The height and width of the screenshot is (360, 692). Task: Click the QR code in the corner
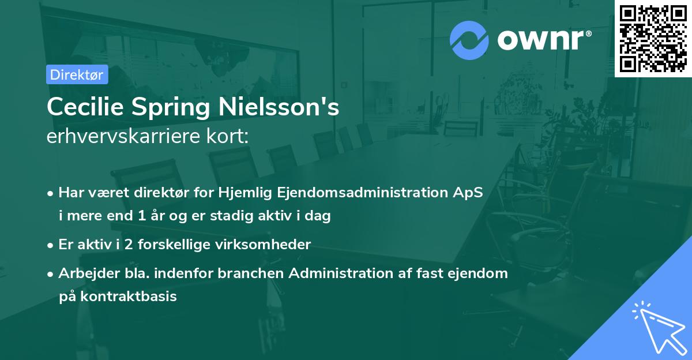coord(653,38)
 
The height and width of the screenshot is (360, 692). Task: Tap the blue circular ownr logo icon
coord(469,40)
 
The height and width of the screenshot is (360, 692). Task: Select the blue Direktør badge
coord(77,74)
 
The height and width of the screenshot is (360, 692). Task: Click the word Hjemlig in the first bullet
coord(245,193)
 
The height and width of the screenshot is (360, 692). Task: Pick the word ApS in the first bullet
coord(467,193)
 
